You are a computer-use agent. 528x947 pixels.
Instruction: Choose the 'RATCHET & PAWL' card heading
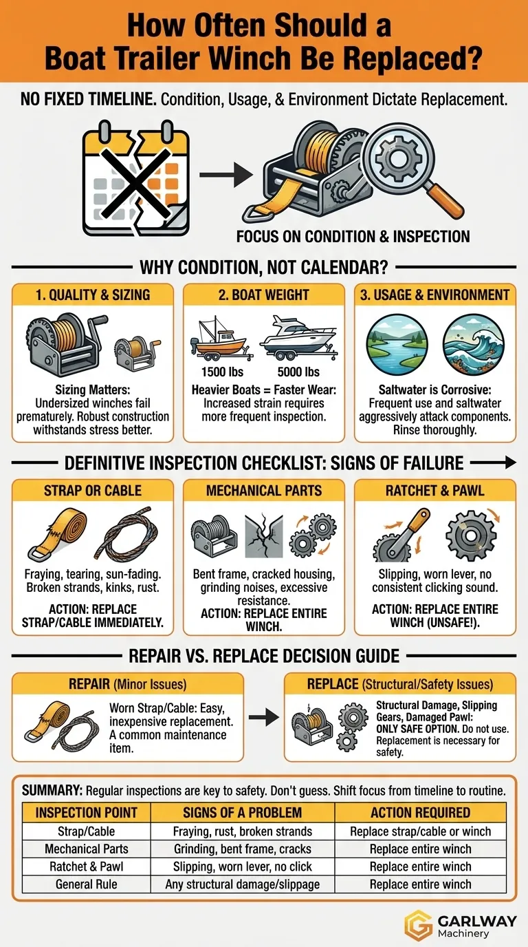coord(434,491)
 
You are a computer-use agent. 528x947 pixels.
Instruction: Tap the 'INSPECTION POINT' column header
coord(86,812)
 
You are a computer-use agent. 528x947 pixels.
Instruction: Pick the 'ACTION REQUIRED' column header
coord(419,812)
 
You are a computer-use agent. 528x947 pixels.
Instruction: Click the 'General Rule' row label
coord(86,884)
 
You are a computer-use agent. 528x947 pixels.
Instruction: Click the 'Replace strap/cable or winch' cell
coord(419,831)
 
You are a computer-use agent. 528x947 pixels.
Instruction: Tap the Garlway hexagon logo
coord(419,924)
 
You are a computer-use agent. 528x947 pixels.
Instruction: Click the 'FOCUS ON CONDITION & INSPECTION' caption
coord(353,237)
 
